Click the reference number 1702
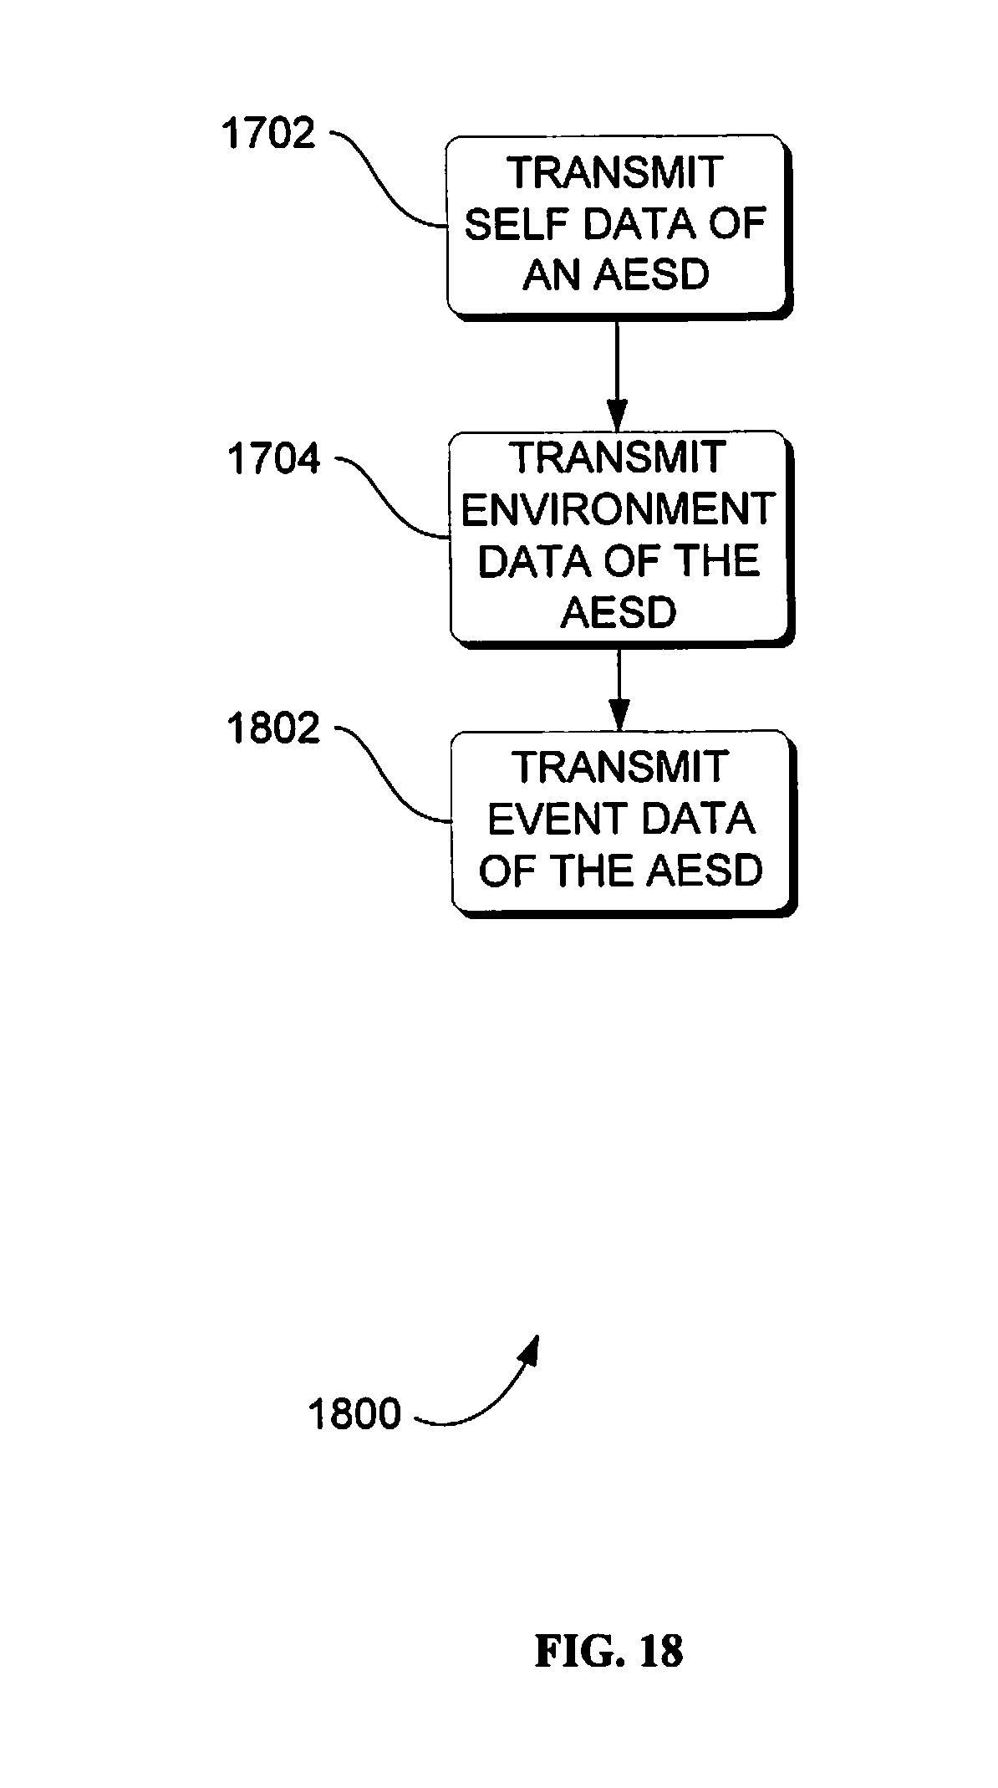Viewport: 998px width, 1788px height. pyautogui.click(x=268, y=134)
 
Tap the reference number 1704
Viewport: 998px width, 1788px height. pyautogui.click(x=273, y=460)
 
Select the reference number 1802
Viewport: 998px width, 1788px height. pyautogui.click(x=273, y=728)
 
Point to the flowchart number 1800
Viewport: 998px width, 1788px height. pyautogui.click(x=354, y=1414)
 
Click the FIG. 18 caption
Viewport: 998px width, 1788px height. pyautogui.click(x=608, y=1652)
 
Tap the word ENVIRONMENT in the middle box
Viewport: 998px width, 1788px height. pyautogui.click(x=619, y=509)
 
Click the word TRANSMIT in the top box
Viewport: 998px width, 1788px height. pyautogui.click(x=615, y=173)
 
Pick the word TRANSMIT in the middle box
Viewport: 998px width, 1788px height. pyautogui.click(x=619, y=457)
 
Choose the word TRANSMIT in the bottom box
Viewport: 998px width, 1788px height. pyautogui.click(x=619, y=767)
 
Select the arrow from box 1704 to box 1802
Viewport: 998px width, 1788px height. pyautogui.click(x=619, y=688)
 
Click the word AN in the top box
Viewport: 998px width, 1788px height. pyautogui.click(x=548, y=275)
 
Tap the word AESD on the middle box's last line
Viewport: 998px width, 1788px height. pyautogui.click(x=619, y=613)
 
